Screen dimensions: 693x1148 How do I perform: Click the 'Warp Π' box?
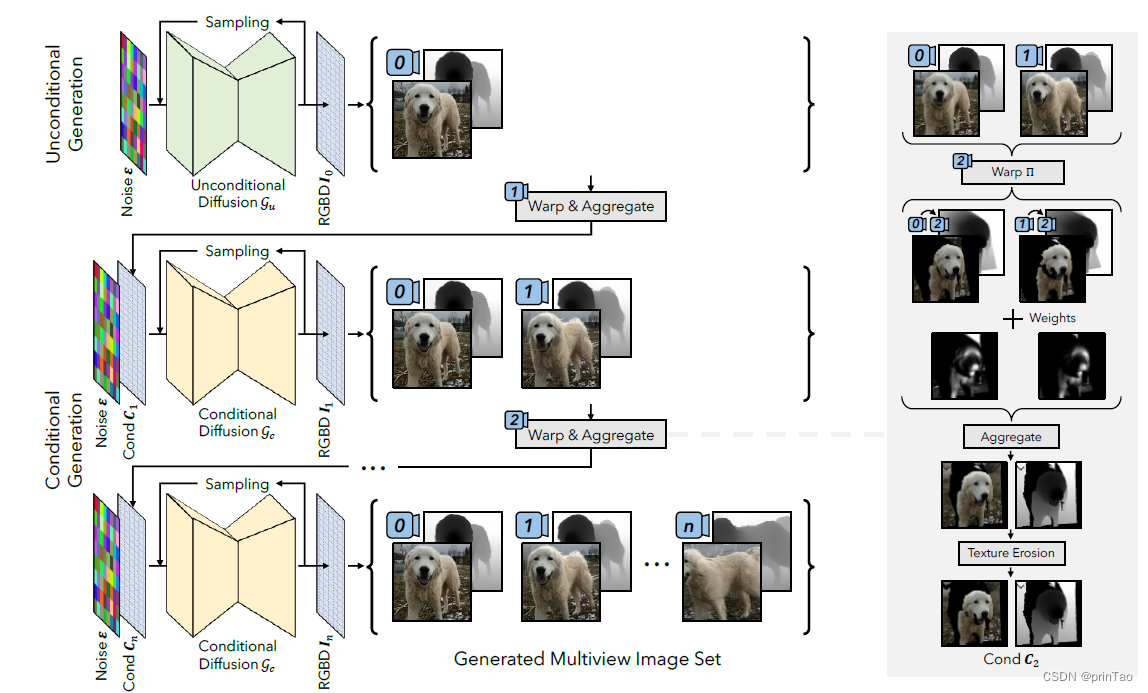(x=1012, y=172)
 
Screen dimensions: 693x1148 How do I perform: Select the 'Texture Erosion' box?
(x=1011, y=552)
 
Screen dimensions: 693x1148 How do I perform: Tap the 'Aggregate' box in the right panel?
(x=1010, y=437)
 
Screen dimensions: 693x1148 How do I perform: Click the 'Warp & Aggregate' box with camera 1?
(x=590, y=207)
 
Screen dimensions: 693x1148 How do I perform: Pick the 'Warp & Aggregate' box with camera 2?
(x=590, y=435)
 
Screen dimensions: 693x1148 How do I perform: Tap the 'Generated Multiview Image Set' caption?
(x=587, y=659)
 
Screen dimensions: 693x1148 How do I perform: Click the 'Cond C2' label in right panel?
(x=1012, y=659)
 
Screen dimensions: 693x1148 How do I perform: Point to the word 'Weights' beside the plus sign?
(x=1052, y=318)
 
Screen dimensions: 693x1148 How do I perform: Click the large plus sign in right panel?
(x=1013, y=318)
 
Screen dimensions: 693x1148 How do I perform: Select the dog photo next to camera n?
(x=723, y=581)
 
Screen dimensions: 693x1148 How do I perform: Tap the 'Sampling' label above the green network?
(x=237, y=21)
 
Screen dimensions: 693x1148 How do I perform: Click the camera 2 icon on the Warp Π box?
(x=961, y=161)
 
